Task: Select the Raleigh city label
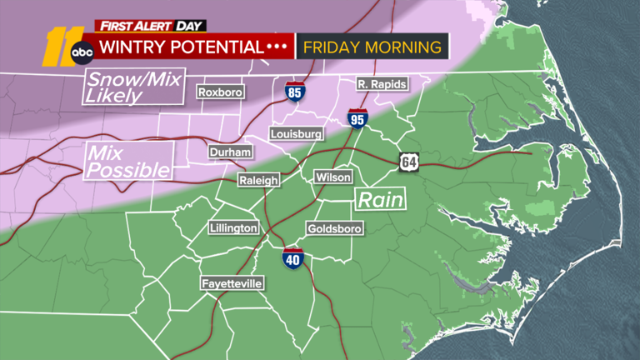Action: pos(257,180)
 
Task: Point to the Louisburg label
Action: pos(295,134)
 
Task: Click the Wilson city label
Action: pos(333,177)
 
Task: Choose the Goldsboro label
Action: pos(332,228)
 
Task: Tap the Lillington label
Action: pos(234,228)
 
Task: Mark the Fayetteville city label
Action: pos(233,284)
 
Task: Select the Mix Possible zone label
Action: pos(128,162)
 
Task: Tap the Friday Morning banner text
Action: pos(372,46)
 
